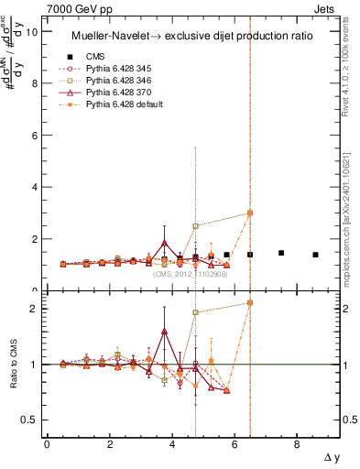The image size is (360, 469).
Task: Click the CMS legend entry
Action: coord(96,57)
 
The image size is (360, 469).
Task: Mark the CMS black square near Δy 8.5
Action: coord(315,255)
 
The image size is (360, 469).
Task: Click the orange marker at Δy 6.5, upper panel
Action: coord(250,213)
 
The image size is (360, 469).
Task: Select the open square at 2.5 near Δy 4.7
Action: coord(195,225)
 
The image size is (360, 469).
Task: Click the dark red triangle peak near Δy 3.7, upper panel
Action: coord(164,243)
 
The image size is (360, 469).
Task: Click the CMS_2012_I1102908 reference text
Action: coord(191,274)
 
